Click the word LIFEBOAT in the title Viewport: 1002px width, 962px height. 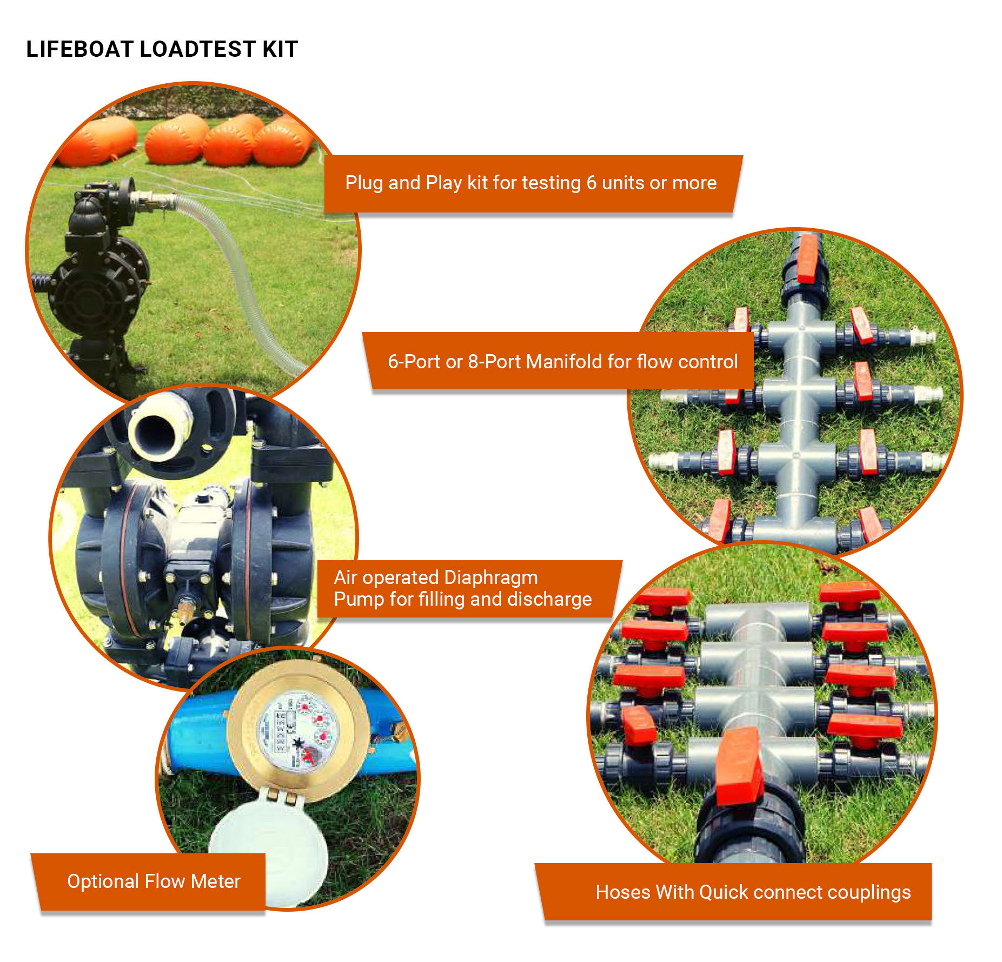(x=80, y=49)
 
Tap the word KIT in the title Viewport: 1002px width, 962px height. (x=280, y=49)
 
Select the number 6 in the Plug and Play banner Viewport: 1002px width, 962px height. (x=592, y=183)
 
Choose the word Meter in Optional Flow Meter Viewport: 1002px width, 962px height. (x=215, y=881)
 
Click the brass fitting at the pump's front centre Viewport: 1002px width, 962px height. (x=185, y=608)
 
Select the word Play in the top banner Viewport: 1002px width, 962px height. (x=444, y=183)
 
